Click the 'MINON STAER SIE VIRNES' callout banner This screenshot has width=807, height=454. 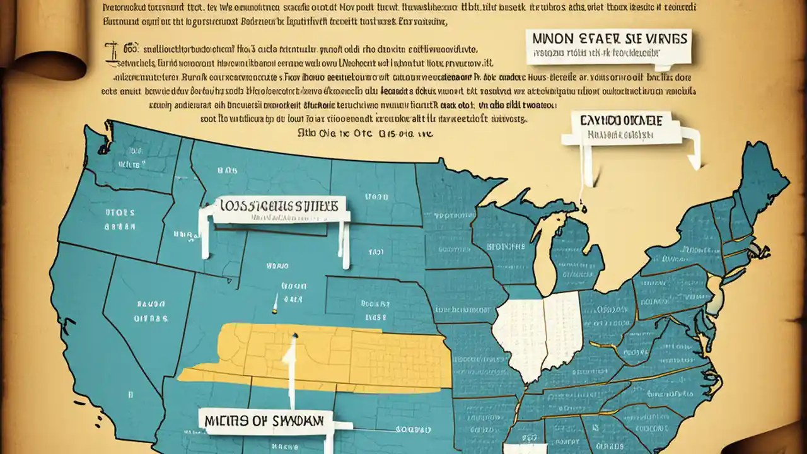609,45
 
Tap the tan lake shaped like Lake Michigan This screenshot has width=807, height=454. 543,252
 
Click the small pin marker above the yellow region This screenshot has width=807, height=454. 276,309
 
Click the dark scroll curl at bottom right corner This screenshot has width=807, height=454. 782,441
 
